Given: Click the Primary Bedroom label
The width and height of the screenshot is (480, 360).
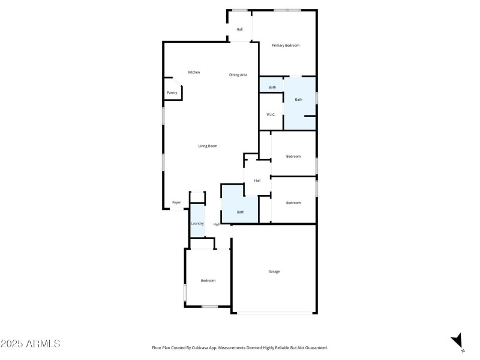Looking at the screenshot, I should [286, 46].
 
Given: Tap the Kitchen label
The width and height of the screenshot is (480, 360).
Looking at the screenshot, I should [194, 73].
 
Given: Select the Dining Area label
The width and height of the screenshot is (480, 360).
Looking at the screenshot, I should [238, 75].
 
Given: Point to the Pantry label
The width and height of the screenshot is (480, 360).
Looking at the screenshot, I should [172, 93].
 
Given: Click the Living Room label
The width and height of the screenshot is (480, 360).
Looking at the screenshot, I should [208, 146].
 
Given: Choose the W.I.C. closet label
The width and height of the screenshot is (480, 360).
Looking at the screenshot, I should [271, 115].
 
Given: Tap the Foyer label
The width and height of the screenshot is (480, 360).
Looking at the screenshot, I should [177, 202].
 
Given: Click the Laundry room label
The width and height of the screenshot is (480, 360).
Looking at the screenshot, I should [197, 224].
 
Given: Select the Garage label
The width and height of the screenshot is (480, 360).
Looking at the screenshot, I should [274, 272].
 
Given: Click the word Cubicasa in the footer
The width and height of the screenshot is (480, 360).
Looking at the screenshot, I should [203, 347].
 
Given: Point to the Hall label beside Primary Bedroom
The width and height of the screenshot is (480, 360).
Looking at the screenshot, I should [239, 29].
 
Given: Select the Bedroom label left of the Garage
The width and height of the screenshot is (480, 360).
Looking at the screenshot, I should [208, 281].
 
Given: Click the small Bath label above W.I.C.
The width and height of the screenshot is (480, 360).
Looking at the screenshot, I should [272, 88].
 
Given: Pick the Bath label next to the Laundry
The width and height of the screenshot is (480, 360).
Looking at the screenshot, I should [241, 212].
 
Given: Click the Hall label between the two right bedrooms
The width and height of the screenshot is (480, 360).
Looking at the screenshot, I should [257, 181].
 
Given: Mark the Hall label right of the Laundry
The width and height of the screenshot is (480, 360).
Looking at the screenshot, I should [216, 224].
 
